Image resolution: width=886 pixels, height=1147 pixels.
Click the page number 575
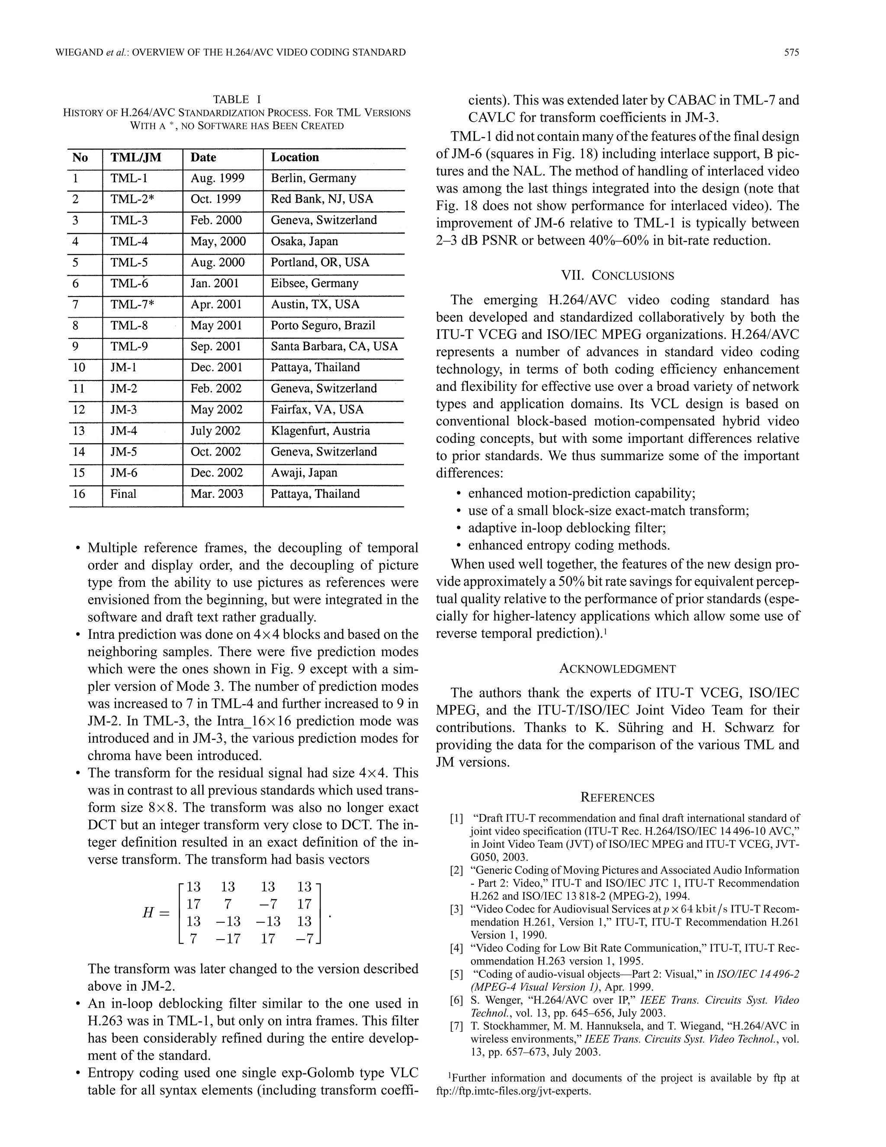[791, 52]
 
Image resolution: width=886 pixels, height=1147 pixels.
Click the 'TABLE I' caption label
[237, 99]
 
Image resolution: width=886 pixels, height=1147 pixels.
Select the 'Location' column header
[295, 158]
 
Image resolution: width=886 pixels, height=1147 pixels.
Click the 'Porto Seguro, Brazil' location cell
[322, 325]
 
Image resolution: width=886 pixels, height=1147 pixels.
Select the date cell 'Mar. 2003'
[217, 494]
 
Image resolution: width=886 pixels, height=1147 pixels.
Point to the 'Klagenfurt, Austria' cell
[320, 431]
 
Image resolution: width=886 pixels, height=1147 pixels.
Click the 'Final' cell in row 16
[123, 494]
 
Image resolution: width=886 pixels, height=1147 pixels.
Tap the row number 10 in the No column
[79, 367]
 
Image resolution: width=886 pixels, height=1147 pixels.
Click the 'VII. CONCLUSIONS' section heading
[617, 276]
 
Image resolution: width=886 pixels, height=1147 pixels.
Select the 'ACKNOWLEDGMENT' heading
[617, 669]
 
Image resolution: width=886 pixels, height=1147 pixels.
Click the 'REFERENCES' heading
[617, 798]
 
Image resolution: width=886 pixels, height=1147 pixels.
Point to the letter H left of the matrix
[148, 913]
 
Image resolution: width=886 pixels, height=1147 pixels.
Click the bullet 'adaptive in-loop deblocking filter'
[567, 528]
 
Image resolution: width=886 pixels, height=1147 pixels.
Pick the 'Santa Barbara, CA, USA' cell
[334, 347]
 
